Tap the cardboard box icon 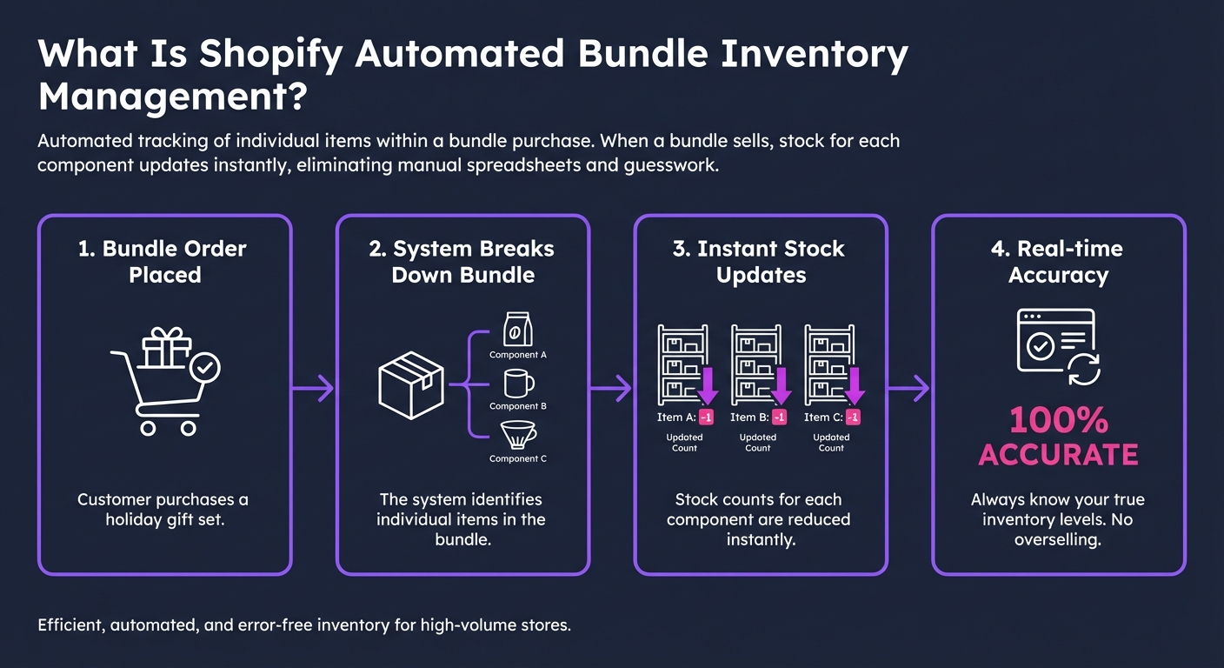click(411, 384)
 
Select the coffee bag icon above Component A click(518, 331)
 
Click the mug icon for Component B click(518, 384)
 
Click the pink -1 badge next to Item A click(705, 417)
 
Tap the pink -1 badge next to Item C click(853, 417)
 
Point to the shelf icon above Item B click(755, 364)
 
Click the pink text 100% click(1058, 422)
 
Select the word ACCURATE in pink click(1058, 455)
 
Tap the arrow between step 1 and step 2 click(314, 388)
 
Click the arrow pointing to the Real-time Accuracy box click(909, 388)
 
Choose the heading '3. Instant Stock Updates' click(759, 262)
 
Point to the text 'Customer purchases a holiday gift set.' click(163, 510)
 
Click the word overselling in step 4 click(1058, 540)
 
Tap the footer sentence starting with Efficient click(304, 625)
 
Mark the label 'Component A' click(518, 355)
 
